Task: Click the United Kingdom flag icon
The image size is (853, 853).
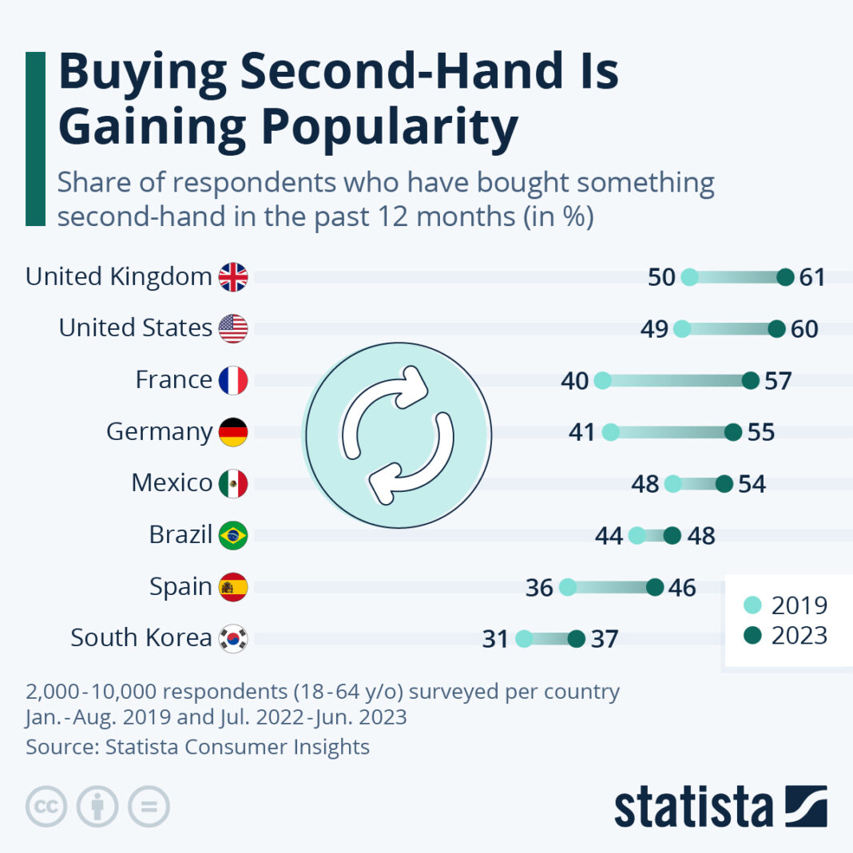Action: tap(233, 277)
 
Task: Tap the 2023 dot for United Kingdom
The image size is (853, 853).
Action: tap(785, 277)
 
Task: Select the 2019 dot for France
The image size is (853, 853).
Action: tap(603, 381)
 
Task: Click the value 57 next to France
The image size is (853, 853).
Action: tap(777, 381)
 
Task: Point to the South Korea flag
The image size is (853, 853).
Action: tap(233, 639)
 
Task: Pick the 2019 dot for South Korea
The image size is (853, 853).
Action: tap(524, 639)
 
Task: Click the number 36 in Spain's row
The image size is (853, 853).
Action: tap(540, 588)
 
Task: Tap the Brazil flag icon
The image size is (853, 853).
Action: tap(233, 535)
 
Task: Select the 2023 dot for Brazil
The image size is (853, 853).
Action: tap(672, 535)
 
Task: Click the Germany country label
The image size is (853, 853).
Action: tap(159, 432)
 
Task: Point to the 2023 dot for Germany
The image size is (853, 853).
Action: tap(732, 432)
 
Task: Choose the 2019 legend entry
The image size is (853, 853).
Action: tap(787, 605)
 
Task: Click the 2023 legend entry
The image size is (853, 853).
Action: tap(787, 636)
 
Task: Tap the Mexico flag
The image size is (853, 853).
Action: tap(233, 483)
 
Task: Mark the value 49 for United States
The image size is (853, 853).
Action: tap(654, 329)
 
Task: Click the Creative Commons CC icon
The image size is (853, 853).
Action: tap(46, 807)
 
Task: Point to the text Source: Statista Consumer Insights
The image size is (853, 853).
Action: tap(197, 747)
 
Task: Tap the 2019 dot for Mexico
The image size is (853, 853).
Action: tap(673, 484)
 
